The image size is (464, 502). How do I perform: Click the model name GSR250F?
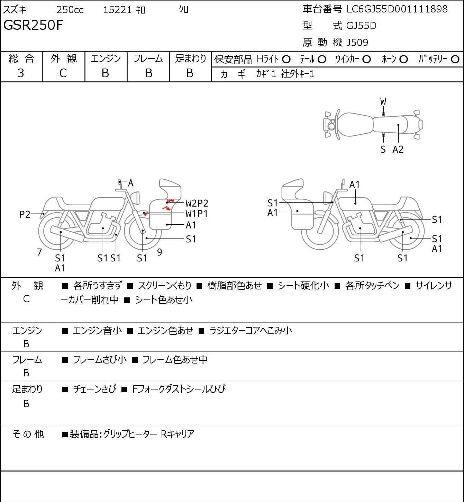point(33,25)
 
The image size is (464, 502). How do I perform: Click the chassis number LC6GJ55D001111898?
point(397,9)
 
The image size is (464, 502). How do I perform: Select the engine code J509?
point(357,43)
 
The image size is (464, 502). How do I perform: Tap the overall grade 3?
point(21,73)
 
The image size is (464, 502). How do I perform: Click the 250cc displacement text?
point(70,10)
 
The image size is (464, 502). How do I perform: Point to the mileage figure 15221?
point(117,10)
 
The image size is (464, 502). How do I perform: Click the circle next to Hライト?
point(286,60)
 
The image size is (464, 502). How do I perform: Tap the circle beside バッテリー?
point(455,60)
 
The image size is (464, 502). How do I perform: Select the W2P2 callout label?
point(197,203)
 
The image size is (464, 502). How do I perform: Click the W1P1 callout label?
point(197,214)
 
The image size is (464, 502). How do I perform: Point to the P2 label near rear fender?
point(25,214)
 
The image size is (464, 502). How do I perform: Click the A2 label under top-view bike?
point(398,149)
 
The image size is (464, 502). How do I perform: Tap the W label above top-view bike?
point(383,102)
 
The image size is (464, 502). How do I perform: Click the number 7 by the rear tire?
point(39,252)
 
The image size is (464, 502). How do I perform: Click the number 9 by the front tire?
point(160,252)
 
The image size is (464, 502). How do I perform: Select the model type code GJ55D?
point(361,26)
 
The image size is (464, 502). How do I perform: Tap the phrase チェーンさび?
point(94,389)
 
